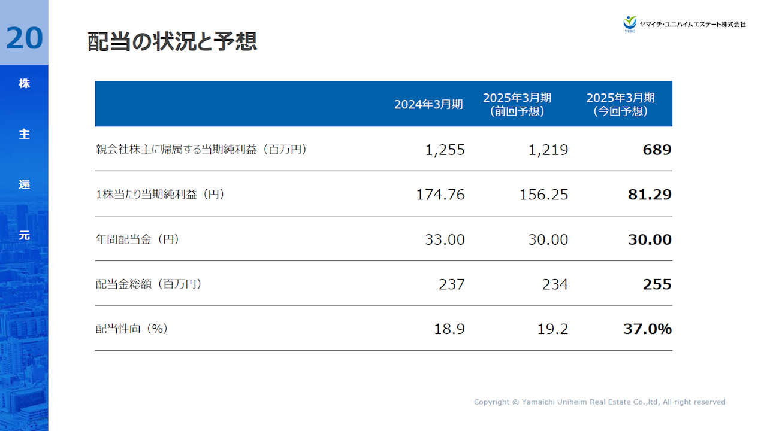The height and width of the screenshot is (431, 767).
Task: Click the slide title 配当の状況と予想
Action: point(172,42)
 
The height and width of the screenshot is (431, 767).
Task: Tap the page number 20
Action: point(25,38)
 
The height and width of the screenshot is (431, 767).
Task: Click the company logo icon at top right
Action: point(629,23)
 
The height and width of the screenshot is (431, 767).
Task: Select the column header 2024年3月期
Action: point(428,104)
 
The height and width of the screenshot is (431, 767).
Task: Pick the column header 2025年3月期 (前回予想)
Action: point(517,104)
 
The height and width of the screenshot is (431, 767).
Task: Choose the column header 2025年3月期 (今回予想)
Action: point(620,104)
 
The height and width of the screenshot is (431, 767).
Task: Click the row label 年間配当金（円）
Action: point(138,239)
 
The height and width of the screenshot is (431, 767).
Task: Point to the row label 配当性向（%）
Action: point(132,329)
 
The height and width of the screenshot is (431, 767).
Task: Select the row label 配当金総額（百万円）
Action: point(149,284)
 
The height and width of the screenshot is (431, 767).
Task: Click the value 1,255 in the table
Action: point(445,150)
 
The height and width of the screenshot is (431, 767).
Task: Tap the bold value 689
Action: point(657,150)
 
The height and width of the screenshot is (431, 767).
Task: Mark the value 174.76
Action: point(440,195)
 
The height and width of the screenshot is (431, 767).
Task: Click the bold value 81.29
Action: point(650,195)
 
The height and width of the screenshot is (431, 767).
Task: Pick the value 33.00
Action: point(445,239)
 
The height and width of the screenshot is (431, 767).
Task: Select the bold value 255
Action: point(657,284)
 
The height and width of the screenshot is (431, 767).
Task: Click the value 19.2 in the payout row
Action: point(552,329)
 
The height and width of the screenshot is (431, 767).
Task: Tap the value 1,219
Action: point(548,150)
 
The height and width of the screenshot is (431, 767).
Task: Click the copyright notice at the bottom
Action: point(599,402)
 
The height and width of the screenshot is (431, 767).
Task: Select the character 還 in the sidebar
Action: point(24,185)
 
